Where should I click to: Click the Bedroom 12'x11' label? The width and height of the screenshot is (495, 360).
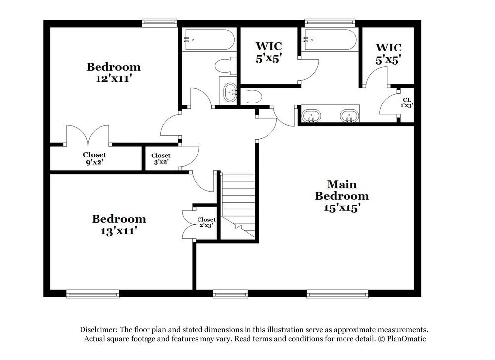(x=113, y=72)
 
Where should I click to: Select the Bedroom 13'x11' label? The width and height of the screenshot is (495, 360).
(x=119, y=224)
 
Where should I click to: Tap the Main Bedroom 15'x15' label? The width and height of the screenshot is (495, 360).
(x=342, y=196)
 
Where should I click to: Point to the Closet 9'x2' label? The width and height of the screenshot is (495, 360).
(x=94, y=158)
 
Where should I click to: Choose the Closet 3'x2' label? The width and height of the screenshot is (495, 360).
(x=161, y=158)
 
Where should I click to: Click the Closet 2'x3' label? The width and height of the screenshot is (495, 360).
(x=206, y=223)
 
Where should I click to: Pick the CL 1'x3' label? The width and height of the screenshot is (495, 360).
(x=407, y=103)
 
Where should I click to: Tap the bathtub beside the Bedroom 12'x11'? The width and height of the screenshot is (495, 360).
(x=208, y=40)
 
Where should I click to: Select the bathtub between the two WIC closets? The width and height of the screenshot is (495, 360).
(x=330, y=40)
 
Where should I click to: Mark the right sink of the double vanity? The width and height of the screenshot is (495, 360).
(x=349, y=116)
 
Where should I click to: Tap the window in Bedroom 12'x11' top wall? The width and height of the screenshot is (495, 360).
(x=159, y=22)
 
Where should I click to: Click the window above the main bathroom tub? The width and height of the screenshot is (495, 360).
(x=330, y=22)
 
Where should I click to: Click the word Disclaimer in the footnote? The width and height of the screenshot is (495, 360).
(x=100, y=330)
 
